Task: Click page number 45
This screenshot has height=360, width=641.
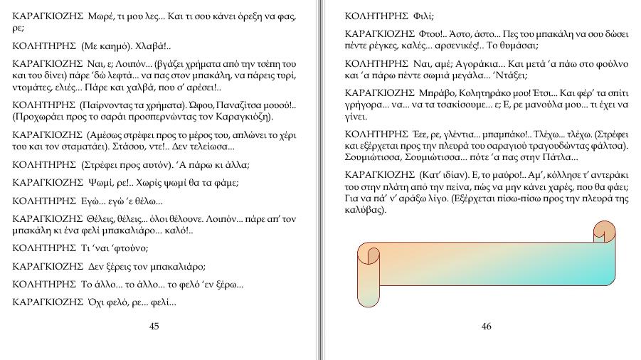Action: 154,327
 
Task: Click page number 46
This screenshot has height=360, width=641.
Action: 487,327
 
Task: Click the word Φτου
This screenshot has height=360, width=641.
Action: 433,33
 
